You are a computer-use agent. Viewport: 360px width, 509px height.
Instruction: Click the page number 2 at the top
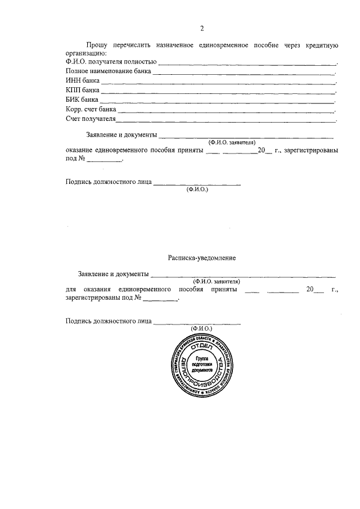pos(202,29)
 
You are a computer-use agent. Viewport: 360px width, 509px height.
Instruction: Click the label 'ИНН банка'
pos(83,81)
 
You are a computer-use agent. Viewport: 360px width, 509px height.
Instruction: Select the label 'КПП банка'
pos(83,91)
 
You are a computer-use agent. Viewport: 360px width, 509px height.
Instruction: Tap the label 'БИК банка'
pos(82,100)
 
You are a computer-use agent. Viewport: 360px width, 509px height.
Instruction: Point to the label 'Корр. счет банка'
pos(91,110)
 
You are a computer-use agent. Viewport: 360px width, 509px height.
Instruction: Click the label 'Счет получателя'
pos(91,119)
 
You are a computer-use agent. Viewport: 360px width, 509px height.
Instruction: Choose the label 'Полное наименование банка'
pos(108,71)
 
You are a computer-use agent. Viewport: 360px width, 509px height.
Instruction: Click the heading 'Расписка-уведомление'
pos(201,258)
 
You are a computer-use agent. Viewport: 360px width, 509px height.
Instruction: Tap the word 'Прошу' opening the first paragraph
pos(97,44)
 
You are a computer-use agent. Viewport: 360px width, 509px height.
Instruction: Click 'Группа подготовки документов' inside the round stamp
pos(202,365)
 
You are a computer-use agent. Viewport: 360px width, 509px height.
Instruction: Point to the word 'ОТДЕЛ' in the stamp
pos(201,348)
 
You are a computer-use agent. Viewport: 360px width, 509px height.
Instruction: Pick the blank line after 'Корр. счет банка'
pos(226,112)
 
